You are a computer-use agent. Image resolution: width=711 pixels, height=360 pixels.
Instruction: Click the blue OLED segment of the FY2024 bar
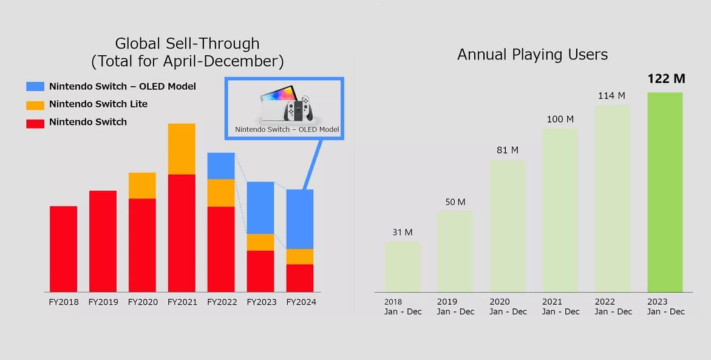[300, 219]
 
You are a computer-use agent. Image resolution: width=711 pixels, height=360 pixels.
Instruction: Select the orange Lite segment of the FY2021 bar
[182, 149]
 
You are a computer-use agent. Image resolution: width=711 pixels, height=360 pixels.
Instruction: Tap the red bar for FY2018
[63, 249]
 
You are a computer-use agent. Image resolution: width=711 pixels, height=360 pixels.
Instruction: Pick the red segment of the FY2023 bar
[260, 271]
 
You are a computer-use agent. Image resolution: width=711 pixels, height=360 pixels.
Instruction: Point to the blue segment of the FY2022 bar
[221, 166]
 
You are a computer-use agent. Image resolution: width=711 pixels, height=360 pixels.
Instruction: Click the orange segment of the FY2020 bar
[142, 185]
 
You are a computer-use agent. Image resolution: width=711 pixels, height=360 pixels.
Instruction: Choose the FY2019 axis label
[103, 302]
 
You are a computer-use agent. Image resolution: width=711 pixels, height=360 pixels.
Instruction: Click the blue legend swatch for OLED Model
[35, 87]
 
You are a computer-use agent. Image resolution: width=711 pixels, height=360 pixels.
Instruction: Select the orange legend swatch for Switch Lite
[35, 104]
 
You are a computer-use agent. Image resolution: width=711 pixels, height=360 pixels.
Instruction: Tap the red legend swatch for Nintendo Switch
[35, 122]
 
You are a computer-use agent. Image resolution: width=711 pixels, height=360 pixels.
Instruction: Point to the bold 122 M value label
[665, 79]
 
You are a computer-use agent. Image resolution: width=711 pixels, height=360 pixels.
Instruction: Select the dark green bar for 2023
[665, 192]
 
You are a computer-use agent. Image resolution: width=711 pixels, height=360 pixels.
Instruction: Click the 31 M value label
[402, 233]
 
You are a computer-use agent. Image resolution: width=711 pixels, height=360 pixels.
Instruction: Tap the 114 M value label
[612, 95]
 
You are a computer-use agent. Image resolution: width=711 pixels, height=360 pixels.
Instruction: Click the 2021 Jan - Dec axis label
[559, 307]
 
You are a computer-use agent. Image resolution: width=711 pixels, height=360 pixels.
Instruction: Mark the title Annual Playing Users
[532, 55]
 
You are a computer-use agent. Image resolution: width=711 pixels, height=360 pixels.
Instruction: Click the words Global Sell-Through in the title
[187, 44]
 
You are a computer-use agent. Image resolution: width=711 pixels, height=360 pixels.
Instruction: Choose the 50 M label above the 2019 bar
[455, 202]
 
